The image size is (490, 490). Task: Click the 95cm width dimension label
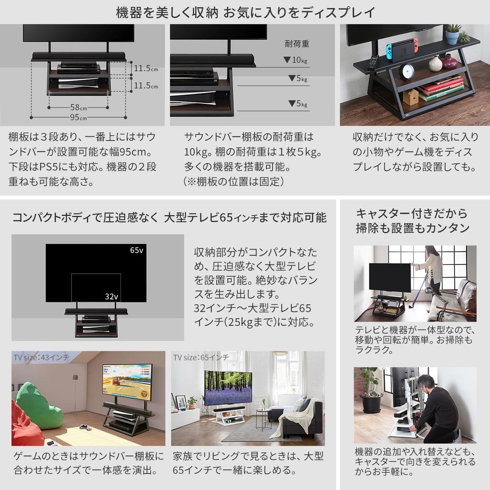click(x=79, y=117)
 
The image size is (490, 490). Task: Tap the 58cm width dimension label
click(x=79, y=107)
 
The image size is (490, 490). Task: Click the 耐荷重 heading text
click(x=297, y=44)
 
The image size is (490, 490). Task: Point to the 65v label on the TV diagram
click(x=136, y=251)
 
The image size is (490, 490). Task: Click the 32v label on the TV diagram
click(x=111, y=296)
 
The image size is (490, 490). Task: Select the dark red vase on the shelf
click(x=449, y=61)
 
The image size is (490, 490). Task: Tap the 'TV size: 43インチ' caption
click(x=41, y=357)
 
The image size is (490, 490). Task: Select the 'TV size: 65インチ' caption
click(x=201, y=357)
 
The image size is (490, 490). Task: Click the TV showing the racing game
click(x=127, y=381)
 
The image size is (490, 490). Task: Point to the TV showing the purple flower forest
click(x=228, y=387)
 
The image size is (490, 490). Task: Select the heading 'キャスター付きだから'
click(x=412, y=213)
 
